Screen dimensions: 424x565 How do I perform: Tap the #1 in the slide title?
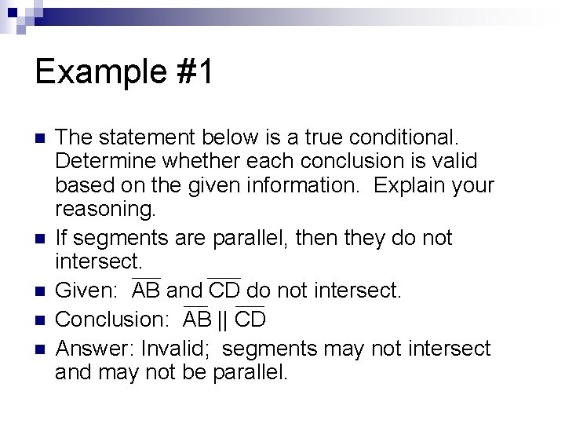(195, 73)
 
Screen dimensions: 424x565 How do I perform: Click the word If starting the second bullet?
(64, 236)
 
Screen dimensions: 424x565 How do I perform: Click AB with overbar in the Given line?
(147, 291)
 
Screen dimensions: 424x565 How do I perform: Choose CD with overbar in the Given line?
(224, 291)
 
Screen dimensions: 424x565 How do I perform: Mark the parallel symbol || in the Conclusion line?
(222, 320)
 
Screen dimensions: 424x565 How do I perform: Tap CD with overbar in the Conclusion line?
(250, 320)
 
